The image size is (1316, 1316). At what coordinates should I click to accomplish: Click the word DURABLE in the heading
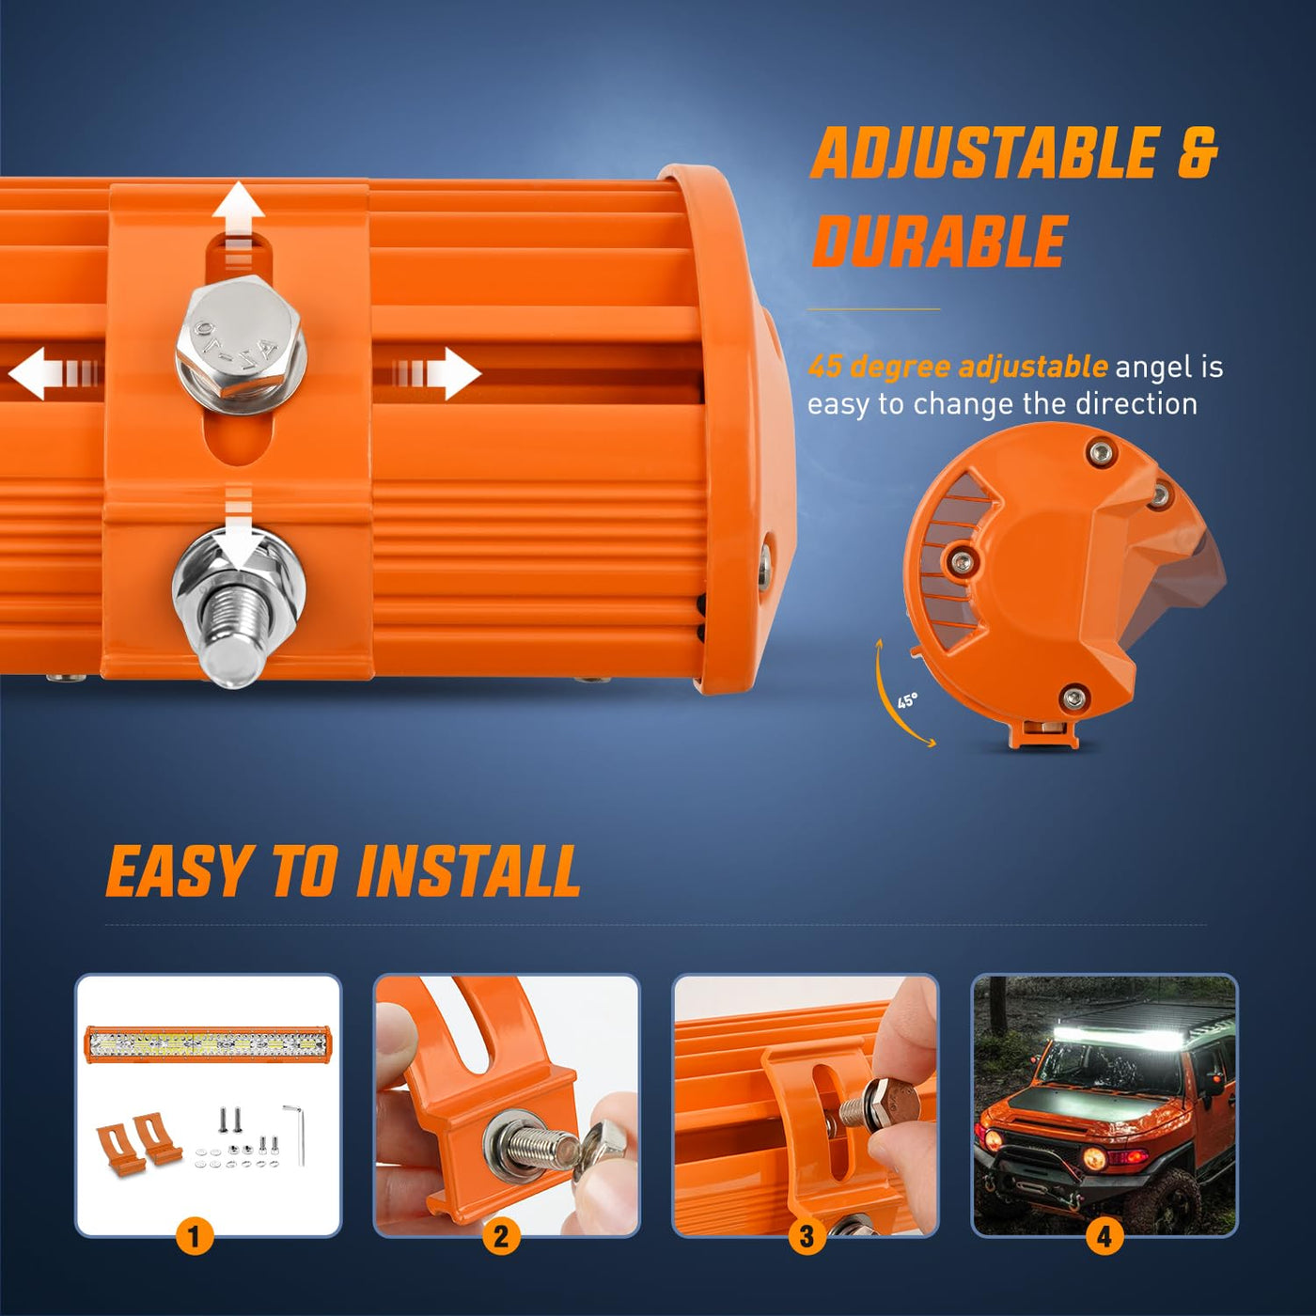939,241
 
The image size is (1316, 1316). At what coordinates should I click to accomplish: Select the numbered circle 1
194,1236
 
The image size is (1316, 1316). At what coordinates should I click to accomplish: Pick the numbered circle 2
501,1236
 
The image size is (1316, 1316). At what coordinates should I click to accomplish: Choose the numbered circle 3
807,1236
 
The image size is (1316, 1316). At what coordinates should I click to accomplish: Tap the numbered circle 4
1104,1236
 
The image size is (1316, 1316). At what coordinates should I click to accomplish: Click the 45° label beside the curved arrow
907,700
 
